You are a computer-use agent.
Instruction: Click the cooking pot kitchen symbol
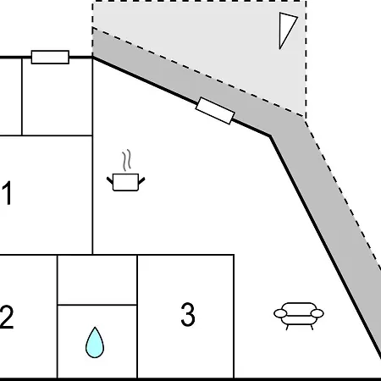click(x=125, y=182)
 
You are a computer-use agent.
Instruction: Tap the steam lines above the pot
click(x=127, y=160)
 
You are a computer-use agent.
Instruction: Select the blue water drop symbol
click(x=95, y=343)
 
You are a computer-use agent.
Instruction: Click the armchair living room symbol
click(x=299, y=316)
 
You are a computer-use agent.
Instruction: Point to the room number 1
click(x=7, y=193)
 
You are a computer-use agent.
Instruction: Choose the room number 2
click(x=6, y=317)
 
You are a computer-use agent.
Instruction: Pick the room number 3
click(x=188, y=314)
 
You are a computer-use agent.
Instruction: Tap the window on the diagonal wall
click(x=215, y=111)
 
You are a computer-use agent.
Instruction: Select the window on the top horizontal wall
click(x=50, y=58)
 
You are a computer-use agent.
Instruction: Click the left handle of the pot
click(x=110, y=180)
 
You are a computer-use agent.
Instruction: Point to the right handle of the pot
click(x=141, y=180)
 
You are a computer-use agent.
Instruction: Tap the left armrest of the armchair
click(x=280, y=313)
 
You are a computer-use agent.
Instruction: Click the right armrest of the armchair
click(x=317, y=313)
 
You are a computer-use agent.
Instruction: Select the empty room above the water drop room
click(x=97, y=279)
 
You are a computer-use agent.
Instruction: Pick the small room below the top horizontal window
click(x=58, y=97)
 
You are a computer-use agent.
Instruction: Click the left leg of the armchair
click(x=287, y=328)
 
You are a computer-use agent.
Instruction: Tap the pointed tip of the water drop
click(x=95, y=328)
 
